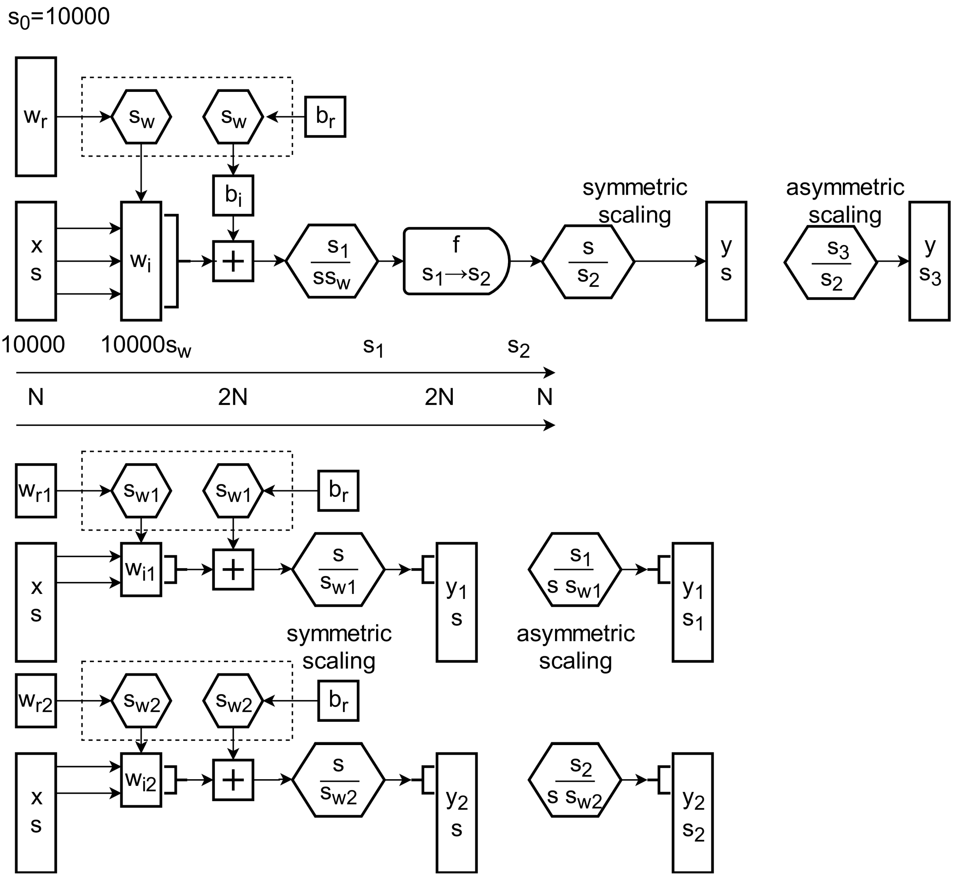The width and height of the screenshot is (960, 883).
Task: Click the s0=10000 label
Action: [x=59, y=17]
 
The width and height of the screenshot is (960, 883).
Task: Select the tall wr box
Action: [x=36, y=117]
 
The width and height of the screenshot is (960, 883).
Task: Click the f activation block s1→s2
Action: [x=457, y=261]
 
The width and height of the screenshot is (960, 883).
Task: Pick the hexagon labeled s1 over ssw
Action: [x=332, y=261]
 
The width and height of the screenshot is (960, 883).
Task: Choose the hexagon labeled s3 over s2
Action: [x=831, y=262]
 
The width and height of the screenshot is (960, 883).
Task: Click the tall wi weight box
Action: [x=141, y=261]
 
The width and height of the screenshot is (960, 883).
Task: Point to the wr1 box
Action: [x=36, y=491]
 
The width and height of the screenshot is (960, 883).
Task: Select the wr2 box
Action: [x=36, y=700]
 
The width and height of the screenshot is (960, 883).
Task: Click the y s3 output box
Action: [x=929, y=261]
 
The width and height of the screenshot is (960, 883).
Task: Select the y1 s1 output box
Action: [x=693, y=602]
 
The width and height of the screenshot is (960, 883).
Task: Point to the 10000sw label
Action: [x=146, y=346]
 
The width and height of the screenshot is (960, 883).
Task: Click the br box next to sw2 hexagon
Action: [x=338, y=700]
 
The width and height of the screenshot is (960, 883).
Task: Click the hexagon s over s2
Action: [x=588, y=261]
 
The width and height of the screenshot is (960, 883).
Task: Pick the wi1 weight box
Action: [x=141, y=570]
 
